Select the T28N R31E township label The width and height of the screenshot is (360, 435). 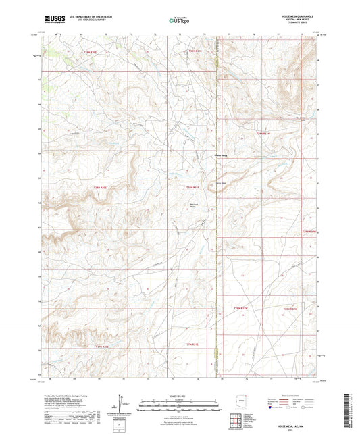(193, 188)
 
